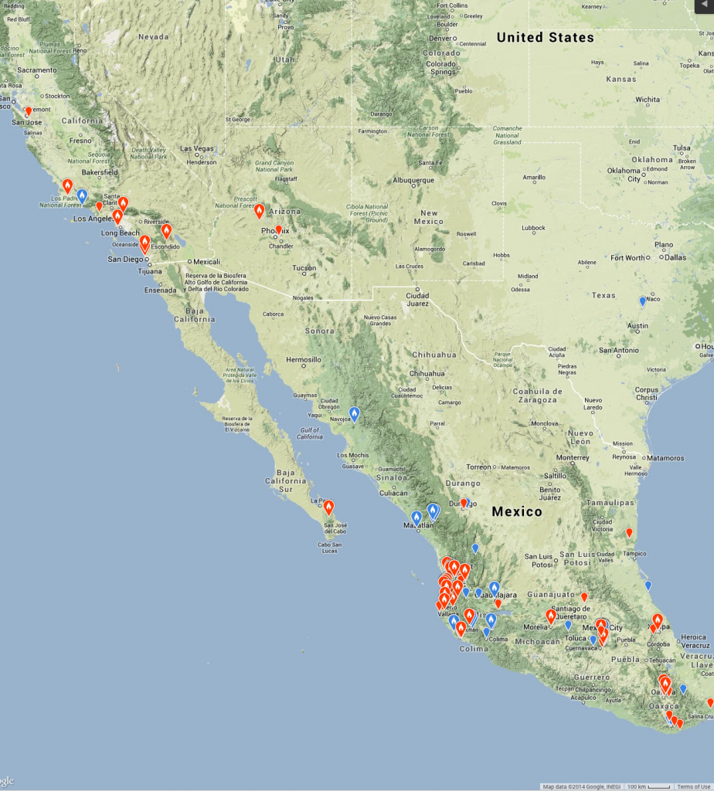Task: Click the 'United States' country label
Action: tap(545, 37)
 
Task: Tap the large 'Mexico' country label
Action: tap(517, 511)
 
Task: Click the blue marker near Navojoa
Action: tap(354, 415)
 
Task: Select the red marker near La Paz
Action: tap(328, 508)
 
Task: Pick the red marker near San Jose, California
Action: tap(29, 111)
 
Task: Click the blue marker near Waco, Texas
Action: tap(642, 301)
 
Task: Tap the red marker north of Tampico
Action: tap(629, 532)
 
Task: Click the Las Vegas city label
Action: tap(197, 148)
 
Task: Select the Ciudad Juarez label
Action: tap(417, 298)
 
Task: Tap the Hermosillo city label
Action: tap(303, 360)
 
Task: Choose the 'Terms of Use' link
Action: tap(693, 786)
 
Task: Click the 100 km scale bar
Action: tap(648, 786)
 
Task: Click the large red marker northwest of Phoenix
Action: tap(259, 210)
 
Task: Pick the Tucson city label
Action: tap(303, 268)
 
